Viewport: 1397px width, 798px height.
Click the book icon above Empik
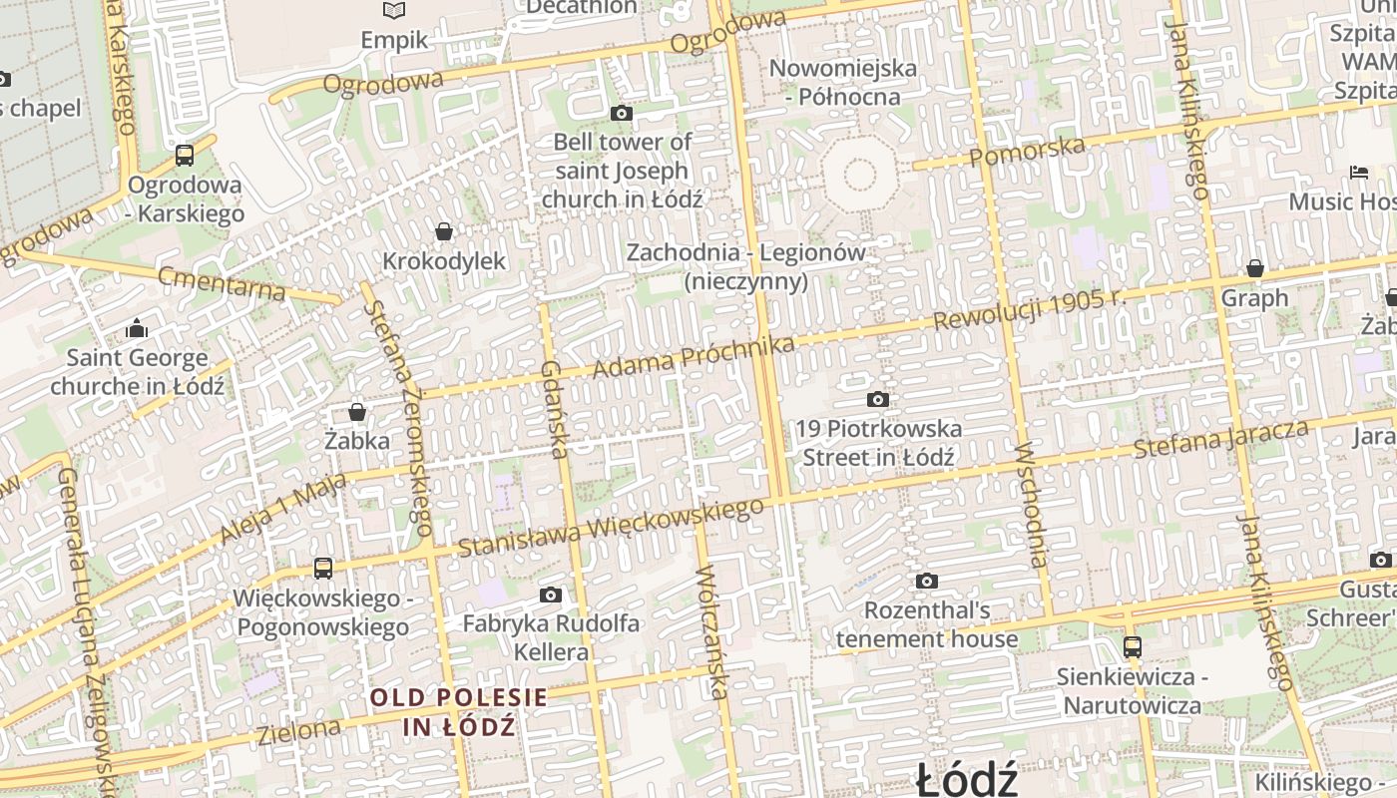click(394, 11)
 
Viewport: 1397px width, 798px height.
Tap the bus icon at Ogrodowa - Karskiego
click(185, 156)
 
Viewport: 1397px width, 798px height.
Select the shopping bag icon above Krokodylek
click(444, 231)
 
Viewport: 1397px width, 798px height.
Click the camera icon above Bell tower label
click(622, 113)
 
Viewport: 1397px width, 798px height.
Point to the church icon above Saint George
click(137, 328)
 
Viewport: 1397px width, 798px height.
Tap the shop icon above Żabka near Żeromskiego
click(357, 411)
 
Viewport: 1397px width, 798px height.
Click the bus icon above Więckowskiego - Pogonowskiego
click(322, 569)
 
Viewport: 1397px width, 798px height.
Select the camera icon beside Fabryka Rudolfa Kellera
click(550, 596)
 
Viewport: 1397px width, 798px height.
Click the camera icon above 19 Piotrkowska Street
click(878, 400)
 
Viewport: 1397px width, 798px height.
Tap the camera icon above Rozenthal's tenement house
click(926, 581)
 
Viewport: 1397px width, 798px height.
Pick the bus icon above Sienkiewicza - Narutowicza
click(1132, 647)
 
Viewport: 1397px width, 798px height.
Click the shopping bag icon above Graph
click(1254, 268)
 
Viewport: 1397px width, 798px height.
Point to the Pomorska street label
click(1027, 152)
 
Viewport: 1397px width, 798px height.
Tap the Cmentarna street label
click(222, 284)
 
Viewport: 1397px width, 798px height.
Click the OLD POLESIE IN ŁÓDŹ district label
click(459, 711)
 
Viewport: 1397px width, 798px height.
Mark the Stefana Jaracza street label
click(1221, 439)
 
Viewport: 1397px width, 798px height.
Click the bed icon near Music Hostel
click(1359, 172)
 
